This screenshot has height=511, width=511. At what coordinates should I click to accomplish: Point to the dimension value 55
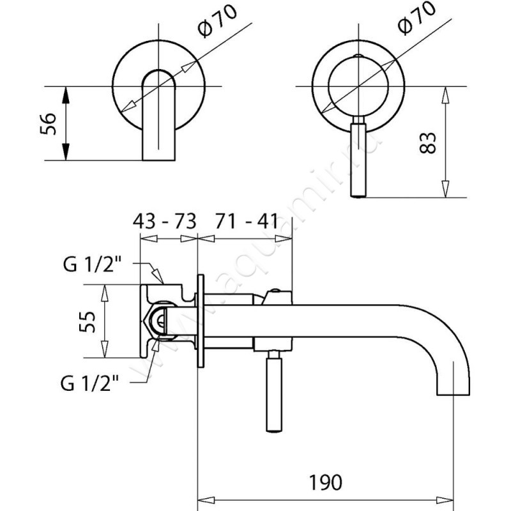coord(88,322)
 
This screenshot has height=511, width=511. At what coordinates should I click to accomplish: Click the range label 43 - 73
coord(164,222)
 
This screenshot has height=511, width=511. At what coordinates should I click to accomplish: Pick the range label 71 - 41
coord(246,222)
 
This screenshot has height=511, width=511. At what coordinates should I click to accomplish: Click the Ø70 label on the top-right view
coord(415,19)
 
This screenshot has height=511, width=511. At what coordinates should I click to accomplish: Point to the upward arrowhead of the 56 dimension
coord(65,92)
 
